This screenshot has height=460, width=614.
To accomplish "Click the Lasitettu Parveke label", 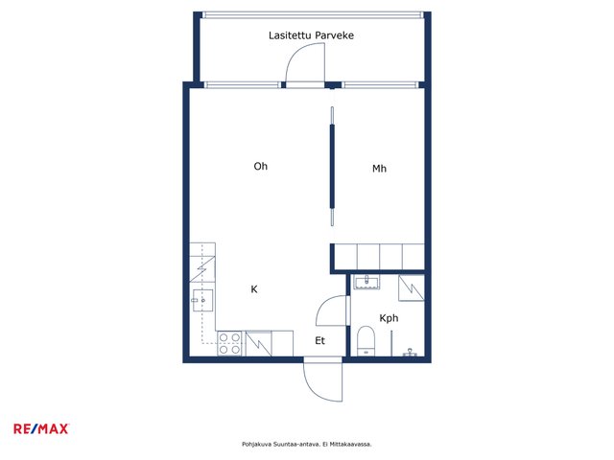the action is point(311,35).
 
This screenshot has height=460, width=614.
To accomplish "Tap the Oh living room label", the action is point(261,166).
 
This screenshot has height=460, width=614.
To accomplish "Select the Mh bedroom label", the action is point(379,169).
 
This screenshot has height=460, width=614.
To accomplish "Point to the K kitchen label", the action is point(254,289).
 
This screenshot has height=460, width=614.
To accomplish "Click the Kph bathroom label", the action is point(389,318).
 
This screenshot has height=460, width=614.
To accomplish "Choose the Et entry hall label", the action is point(319,341).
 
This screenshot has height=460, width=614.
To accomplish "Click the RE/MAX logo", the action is point(41,428).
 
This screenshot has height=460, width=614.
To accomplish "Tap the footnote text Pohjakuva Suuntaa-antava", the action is point(280,445).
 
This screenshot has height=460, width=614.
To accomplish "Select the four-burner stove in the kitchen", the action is point(229,343).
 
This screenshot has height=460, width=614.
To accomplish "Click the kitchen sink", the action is point(202,300).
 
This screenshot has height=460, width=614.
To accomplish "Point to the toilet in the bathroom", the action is point(366,341).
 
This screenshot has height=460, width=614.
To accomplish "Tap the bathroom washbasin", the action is point(366,282).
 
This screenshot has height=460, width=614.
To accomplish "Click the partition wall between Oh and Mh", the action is point(333,166).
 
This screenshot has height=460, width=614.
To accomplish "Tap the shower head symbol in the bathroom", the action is point(410,353).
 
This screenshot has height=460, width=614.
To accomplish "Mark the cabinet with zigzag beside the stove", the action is point(258,344).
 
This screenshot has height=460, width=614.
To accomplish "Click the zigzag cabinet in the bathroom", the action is point(412,288).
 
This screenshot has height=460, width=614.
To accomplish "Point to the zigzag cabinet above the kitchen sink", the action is point(202,268).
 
